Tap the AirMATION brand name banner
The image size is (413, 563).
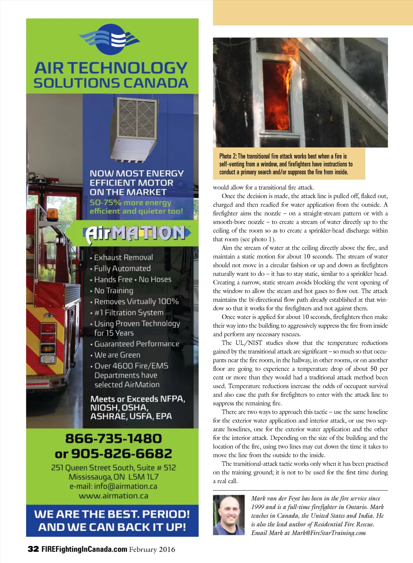pyautogui.click(x=136, y=233)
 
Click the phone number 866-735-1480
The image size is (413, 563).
pyautogui.click(x=113, y=439)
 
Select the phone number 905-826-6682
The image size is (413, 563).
pyautogui.click(x=121, y=454)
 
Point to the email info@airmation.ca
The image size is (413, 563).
pyautogui.click(x=125, y=486)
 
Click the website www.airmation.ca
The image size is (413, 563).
pyautogui.click(x=113, y=496)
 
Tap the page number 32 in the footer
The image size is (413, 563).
pyautogui.click(x=33, y=549)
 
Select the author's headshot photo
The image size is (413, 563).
pyautogui.click(x=229, y=515)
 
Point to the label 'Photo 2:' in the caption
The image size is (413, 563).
pyautogui.click(x=228, y=156)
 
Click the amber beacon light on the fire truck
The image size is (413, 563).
pyautogui.click(x=52, y=214)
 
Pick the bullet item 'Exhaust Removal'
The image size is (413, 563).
pyautogui.click(x=123, y=257)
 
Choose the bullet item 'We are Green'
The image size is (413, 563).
pyautogui.click(x=117, y=355)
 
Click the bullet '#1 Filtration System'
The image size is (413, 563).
pyautogui.click(x=129, y=313)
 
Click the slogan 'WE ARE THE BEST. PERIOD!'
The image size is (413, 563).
pyautogui.click(x=112, y=514)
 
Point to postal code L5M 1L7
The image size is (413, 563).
pyautogui.click(x=144, y=477)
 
